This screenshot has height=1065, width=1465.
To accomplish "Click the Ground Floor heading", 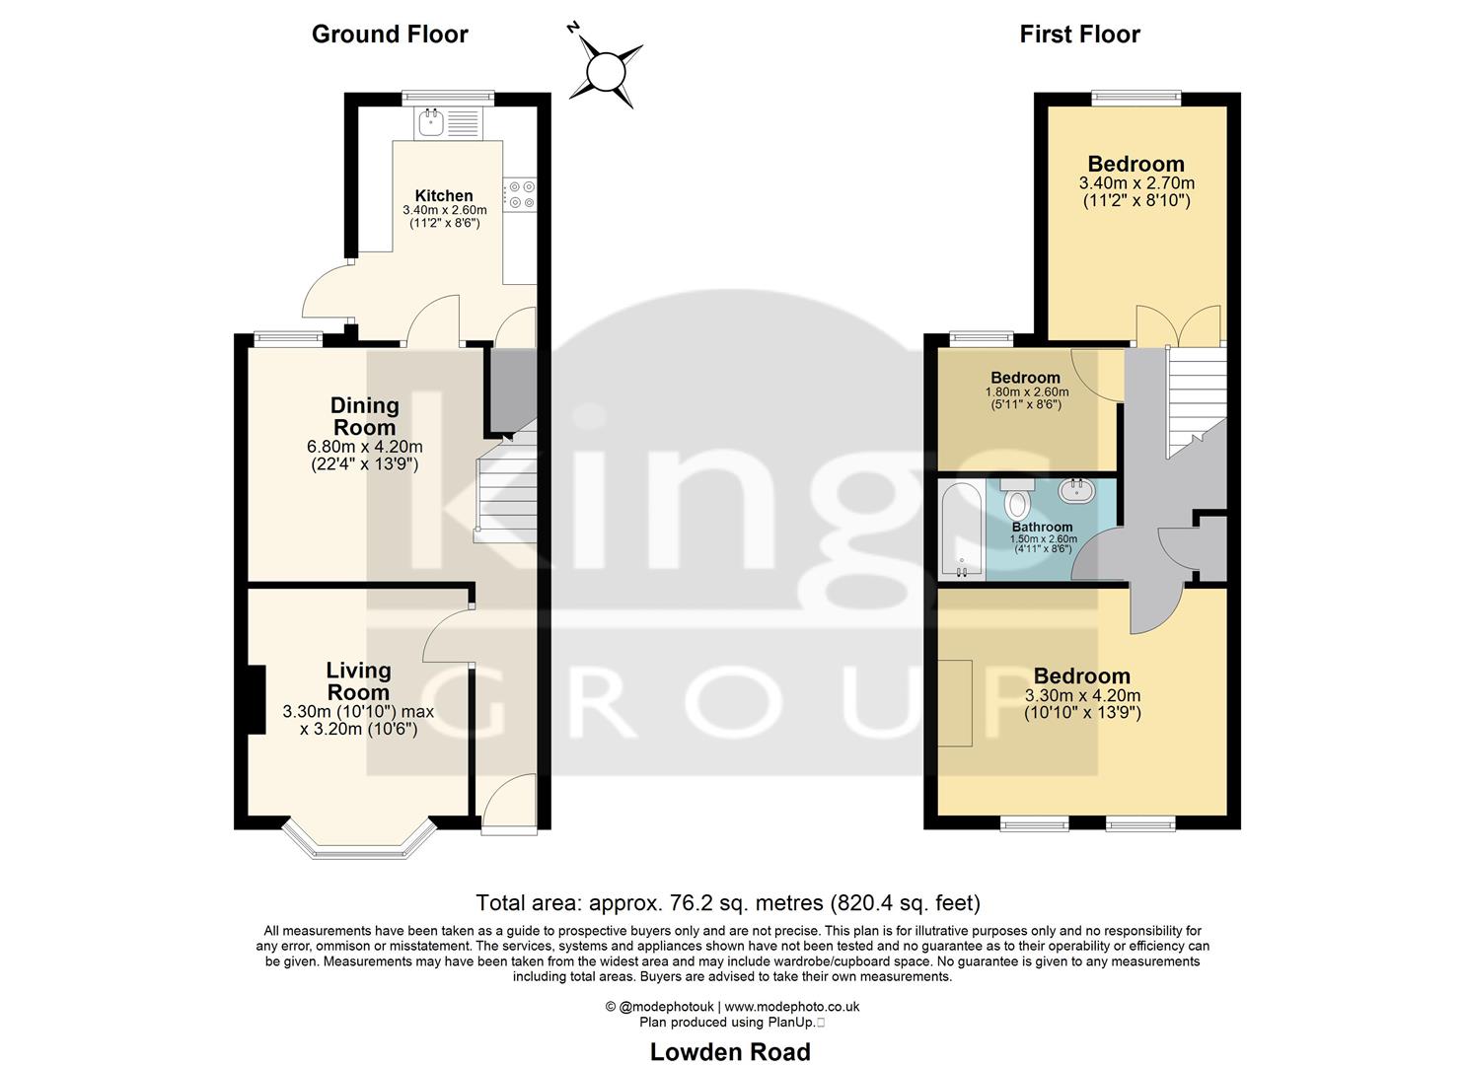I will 390,35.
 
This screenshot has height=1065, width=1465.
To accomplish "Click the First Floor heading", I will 1079,35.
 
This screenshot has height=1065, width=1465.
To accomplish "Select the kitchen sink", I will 431,123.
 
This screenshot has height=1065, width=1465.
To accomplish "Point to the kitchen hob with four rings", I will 519,194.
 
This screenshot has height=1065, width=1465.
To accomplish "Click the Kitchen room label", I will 444,195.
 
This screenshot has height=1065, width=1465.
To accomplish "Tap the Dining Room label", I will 364,416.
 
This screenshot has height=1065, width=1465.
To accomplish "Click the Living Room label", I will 358,681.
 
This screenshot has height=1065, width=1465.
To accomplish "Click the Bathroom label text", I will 1042,528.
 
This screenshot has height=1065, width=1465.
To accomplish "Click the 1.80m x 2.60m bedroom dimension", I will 1026,391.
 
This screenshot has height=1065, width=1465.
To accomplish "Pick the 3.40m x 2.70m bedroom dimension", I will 1136,183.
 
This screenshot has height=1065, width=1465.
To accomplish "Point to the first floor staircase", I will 1195,399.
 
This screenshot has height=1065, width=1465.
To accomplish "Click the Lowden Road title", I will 730,1052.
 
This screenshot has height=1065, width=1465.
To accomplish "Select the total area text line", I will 728,902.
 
